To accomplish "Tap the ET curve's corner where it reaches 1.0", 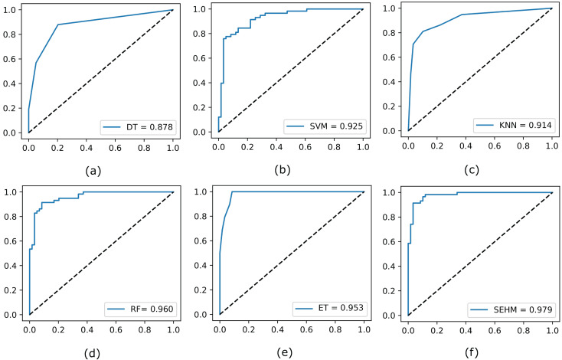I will [231, 191].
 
